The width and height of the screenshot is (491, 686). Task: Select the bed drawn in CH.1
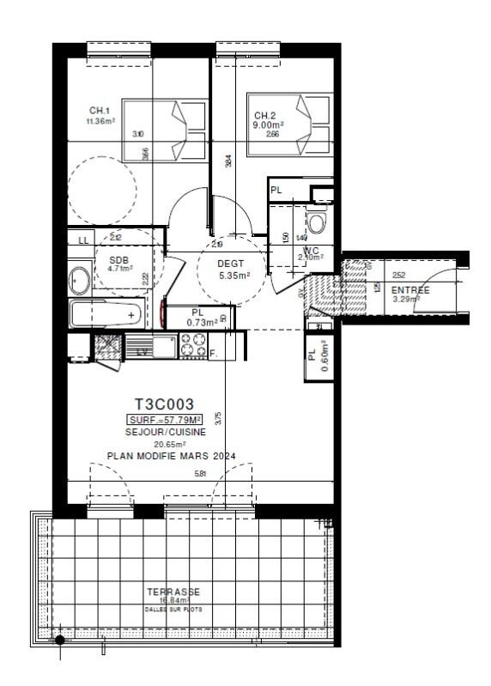point(155,130)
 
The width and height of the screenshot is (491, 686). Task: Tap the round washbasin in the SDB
point(79,280)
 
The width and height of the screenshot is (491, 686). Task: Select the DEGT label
point(231,263)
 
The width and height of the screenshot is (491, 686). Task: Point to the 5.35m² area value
point(233,276)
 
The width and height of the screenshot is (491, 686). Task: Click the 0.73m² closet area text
point(201,322)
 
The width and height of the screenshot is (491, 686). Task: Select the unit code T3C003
point(165,404)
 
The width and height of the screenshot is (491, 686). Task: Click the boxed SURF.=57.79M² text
point(164,420)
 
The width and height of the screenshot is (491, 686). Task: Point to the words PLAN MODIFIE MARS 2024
point(171,456)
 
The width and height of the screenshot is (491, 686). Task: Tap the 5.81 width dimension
point(201,473)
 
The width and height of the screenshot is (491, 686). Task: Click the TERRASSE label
point(173,592)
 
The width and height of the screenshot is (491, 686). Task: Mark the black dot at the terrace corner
point(59,640)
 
